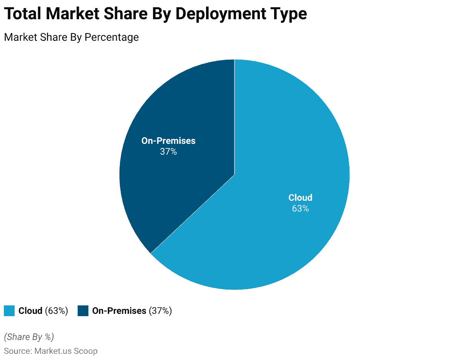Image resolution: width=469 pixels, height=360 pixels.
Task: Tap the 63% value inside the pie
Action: pos(300,208)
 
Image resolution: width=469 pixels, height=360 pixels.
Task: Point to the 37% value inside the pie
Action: pos(168,152)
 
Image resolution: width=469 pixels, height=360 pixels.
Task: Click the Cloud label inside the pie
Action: pos(300,198)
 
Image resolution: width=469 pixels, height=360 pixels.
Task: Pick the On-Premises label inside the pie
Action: pos(168,141)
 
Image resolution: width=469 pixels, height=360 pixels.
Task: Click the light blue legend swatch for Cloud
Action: pos(9,311)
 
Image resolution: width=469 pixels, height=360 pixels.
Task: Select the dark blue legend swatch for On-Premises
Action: pos(83,311)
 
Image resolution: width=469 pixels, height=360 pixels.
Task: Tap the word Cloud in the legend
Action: pos(30,311)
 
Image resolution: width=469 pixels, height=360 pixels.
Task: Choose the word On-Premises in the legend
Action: pos(119,311)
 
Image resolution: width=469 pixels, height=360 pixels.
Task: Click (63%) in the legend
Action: pos(57,311)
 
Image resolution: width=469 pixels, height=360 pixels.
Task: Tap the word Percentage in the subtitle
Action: pos(111,37)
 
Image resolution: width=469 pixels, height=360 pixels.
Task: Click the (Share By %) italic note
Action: pos(29,337)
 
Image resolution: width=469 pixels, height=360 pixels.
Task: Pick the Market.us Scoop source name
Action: pos(66,351)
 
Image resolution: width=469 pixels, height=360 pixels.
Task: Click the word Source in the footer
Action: pos(17,351)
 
